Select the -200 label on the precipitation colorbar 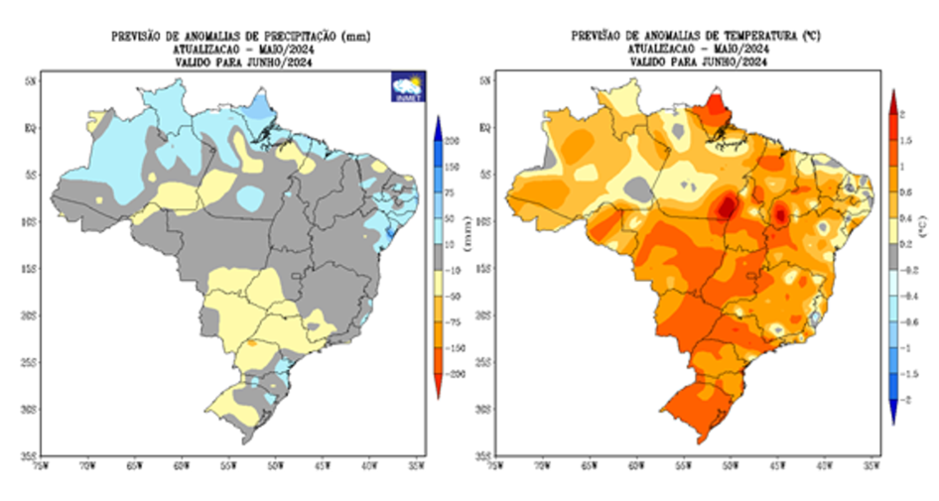click(456, 374)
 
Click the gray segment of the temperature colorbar click(893, 255)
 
